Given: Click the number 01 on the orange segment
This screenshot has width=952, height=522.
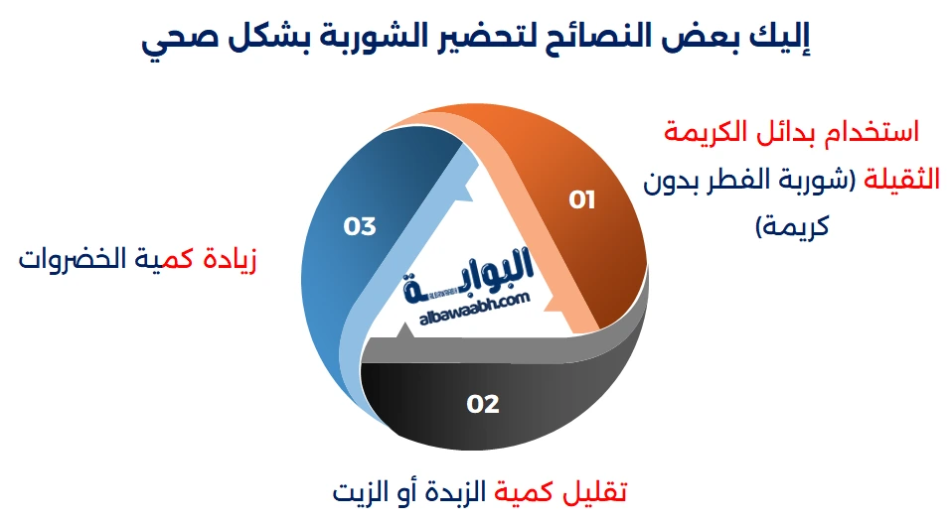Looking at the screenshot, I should click(x=581, y=199).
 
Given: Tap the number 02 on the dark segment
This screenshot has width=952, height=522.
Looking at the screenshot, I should click(x=482, y=404).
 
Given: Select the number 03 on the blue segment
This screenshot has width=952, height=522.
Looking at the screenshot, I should click(x=360, y=226).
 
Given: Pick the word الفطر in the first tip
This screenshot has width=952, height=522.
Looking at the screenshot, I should click(x=743, y=180).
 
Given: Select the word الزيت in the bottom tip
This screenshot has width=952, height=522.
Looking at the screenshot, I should click(x=363, y=490).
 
